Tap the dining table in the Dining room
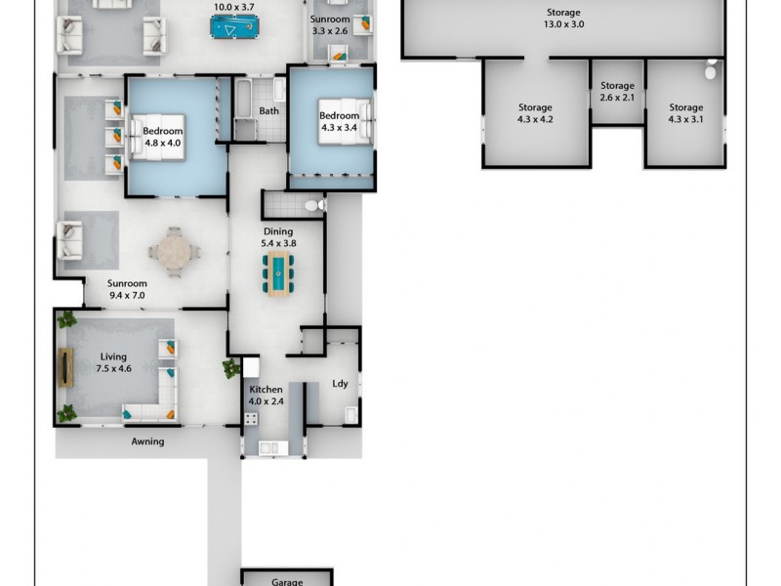(x=277, y=273)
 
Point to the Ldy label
(x=340, y=384)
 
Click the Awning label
(x=147, y=441)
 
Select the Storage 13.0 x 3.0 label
(x=564, y=18)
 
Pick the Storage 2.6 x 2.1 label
(x=617, y=92)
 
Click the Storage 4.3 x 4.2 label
(x=534, y=113)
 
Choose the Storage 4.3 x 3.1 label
(x=685, y=113)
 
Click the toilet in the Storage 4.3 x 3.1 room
(x=712, y=70)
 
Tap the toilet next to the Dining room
(x=311, y=206)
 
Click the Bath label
(x=268, y=111)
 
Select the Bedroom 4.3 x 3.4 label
(x=339, y=122)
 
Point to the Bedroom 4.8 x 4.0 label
(x=162, y=136)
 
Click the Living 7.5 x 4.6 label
(x=114, y=362)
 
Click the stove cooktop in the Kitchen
(x=250, y=420)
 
